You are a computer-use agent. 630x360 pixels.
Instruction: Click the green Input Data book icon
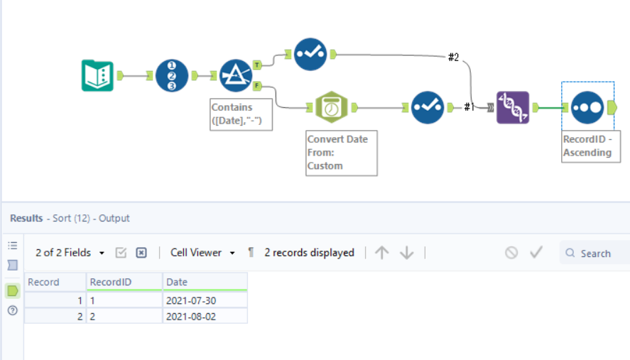tap(97, 75)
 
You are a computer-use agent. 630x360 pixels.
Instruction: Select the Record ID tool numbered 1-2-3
tap(172, 75)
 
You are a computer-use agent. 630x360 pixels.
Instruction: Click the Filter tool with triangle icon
tap(235, 75)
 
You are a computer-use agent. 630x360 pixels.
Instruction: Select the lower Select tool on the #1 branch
tap(428, 107)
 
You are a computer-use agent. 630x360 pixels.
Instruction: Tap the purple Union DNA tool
tap(513, 107)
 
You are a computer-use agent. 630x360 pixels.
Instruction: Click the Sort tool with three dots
tap(586, 107)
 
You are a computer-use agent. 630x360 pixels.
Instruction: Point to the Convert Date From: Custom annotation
tap(341, 152)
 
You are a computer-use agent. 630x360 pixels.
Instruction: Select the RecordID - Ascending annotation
tap(590, 146)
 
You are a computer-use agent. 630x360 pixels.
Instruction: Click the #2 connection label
tap(453, 57)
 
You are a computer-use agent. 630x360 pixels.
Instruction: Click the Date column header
tap(205, 282)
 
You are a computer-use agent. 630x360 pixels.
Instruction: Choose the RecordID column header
tap(124, 282)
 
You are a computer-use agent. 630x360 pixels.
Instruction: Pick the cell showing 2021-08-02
tap(205, 315)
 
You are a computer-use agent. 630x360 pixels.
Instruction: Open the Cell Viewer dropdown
tap(202, 253)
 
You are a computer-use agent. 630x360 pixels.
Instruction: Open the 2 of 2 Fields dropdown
tap(70, 253)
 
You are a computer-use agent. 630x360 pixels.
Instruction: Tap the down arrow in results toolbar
tap(407, 253)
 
